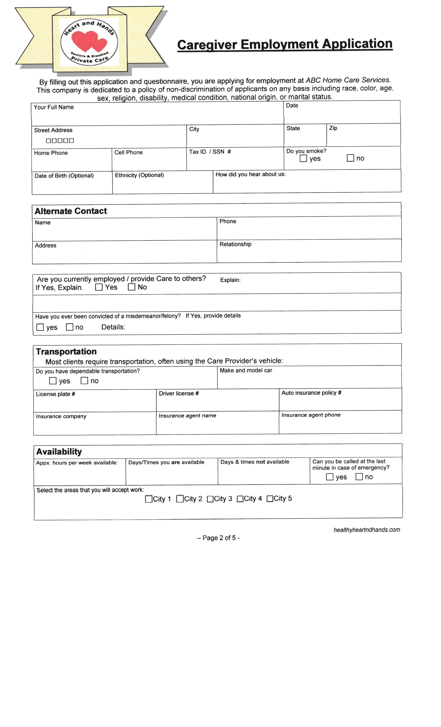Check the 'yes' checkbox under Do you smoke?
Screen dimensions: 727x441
click(303, 158)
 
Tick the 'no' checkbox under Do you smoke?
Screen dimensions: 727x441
click(350, 158)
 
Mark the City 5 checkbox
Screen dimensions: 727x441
click(270, 499)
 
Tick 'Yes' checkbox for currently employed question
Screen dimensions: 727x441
click(99, 287)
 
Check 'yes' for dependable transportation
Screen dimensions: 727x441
click(53, 381)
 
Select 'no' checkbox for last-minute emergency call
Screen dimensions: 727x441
click(359, 477)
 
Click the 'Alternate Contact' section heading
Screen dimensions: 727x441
click(71, 211)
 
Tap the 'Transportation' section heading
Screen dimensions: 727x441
click(66, 352)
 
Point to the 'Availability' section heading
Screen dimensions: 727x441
click(59, 452)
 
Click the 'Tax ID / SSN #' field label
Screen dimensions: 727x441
click(210, 152)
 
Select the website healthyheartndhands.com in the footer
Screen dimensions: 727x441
click(367, 530)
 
